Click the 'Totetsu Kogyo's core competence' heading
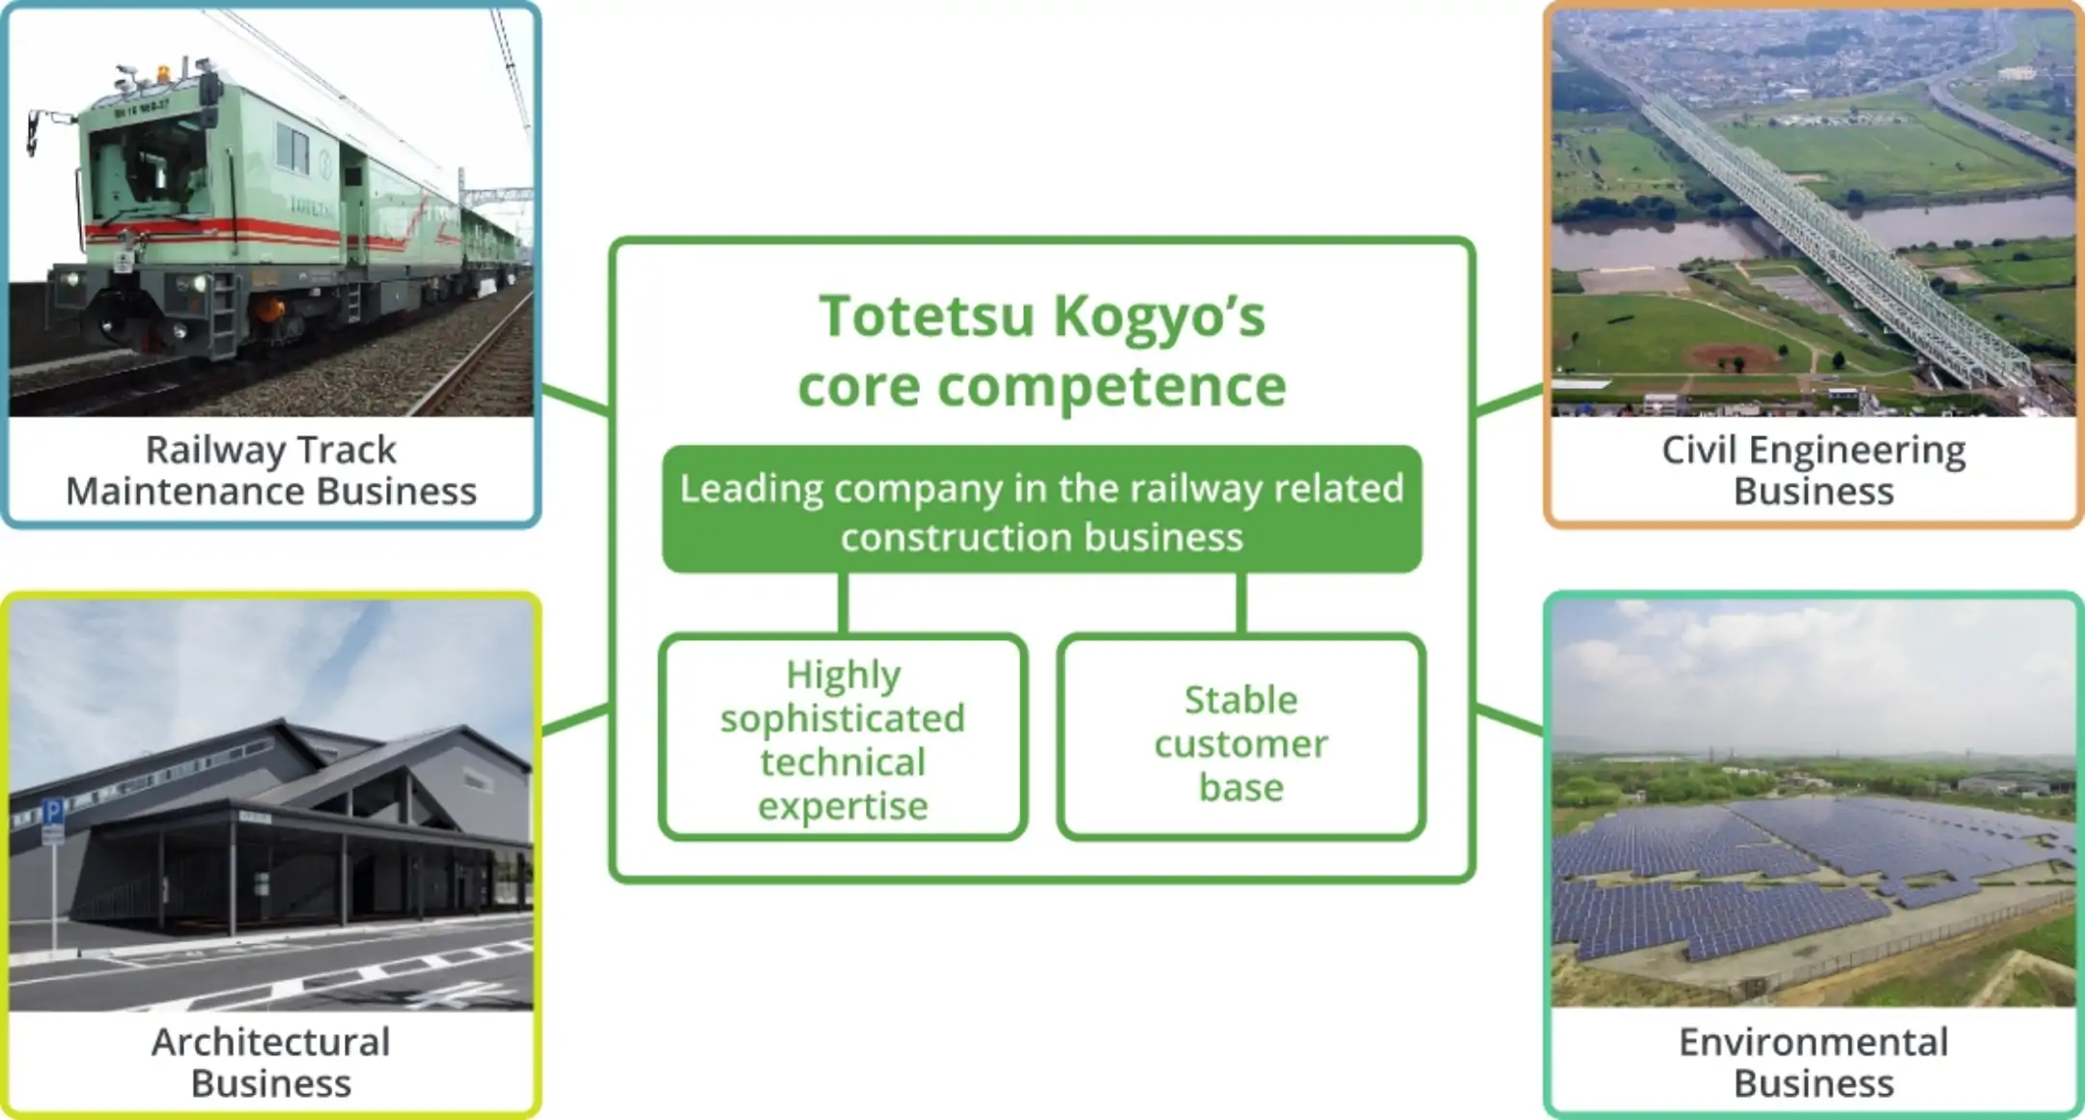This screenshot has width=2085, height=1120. click(x=1042, y=350)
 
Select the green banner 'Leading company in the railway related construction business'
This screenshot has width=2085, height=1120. click(x=1042, y=509)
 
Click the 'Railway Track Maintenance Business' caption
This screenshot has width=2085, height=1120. click(x=271, y=470)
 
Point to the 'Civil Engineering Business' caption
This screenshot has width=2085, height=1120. click(x=1814, y=470)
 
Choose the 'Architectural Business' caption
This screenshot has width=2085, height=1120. click(x=271, y=1062)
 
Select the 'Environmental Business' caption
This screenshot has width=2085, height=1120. click(x=1814, y=1062)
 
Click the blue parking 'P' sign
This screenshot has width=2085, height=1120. click(x=54, y=812)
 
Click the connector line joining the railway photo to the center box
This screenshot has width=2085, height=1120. click(x=575, y=401)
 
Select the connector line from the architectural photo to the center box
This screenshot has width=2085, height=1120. click(x=575, y=719)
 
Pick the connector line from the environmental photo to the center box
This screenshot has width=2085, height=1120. click(x=1509, y=719)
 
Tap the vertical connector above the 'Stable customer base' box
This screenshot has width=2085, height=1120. click(x=1241, y=603)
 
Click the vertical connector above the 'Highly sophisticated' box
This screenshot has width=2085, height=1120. click(x=843, y=603)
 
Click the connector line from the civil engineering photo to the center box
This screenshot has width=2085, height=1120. click(x=1509, y=401)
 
